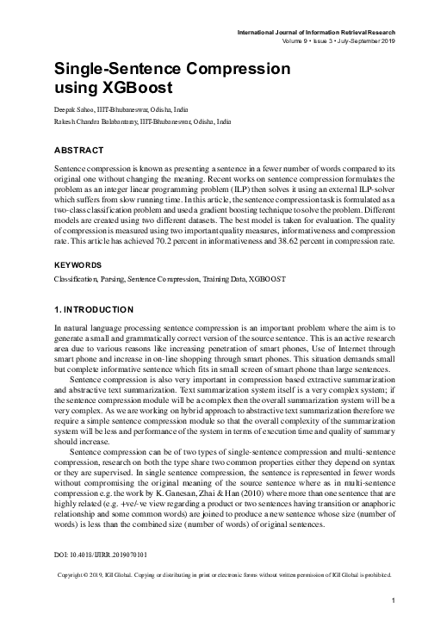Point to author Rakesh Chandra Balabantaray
click(106, 123)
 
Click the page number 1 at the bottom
click(392, 600)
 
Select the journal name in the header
click(319, 32)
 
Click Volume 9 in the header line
click(298, 40)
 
